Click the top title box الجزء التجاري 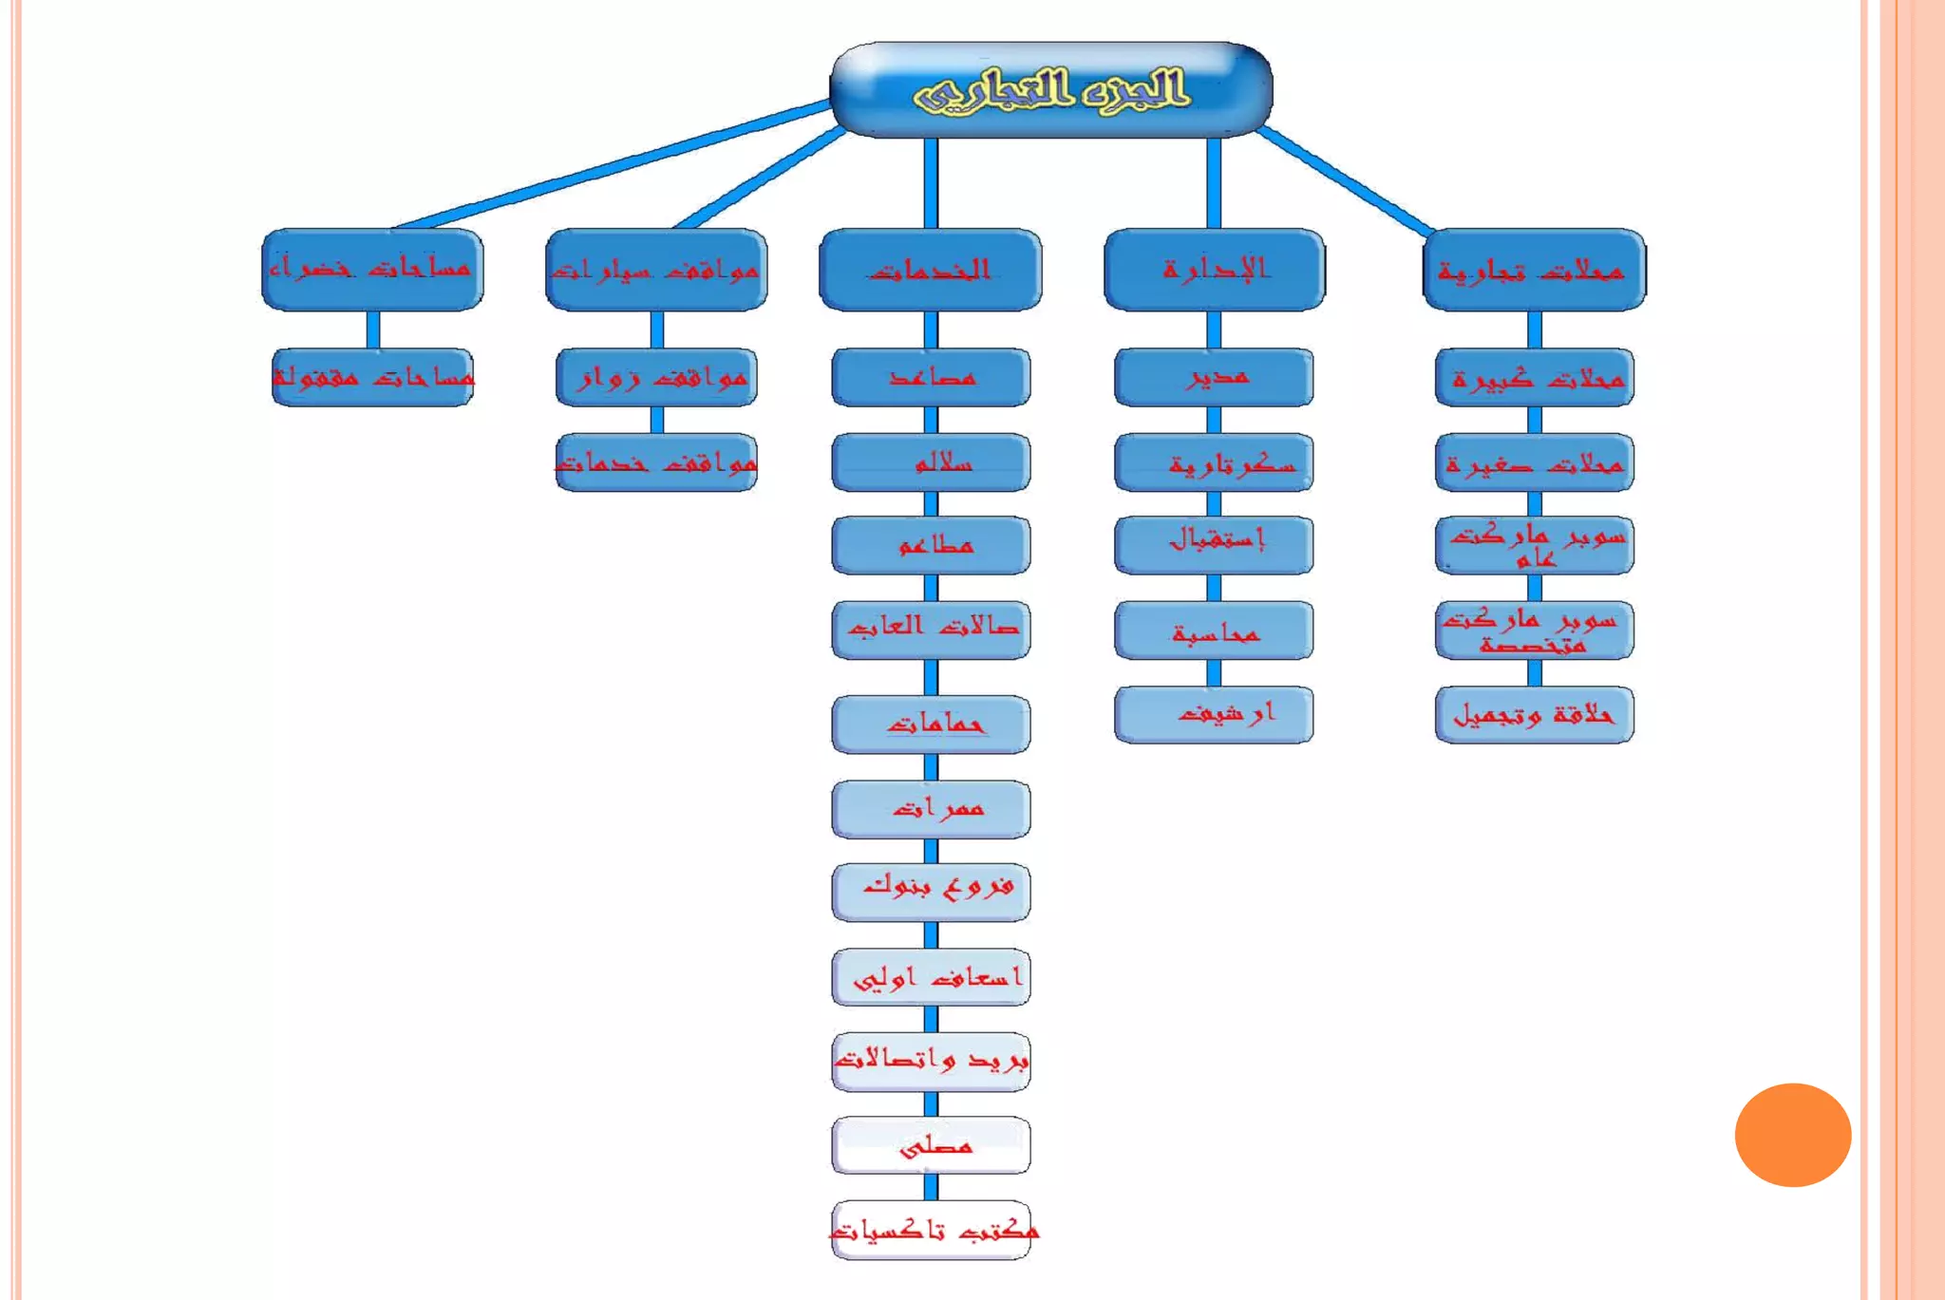point(1050,89)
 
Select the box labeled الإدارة point(1214,270)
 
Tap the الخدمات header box point(930,270)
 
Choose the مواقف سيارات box point(656,270)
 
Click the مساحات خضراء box point(372,270)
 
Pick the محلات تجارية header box point(1534,270)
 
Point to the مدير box point(1214,377)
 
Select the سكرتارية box point(1214,462)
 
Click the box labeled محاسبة point(1214,631)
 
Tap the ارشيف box point(1214,714)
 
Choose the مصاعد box point(931,377)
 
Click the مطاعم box point(931,545)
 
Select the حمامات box point(931,725)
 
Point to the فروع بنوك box point(931,892)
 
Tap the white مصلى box point(931,1145)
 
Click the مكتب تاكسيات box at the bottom point(931,1231)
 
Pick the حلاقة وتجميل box point(1534,714)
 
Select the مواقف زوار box point(656,377)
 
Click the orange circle point(1792,1135)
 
